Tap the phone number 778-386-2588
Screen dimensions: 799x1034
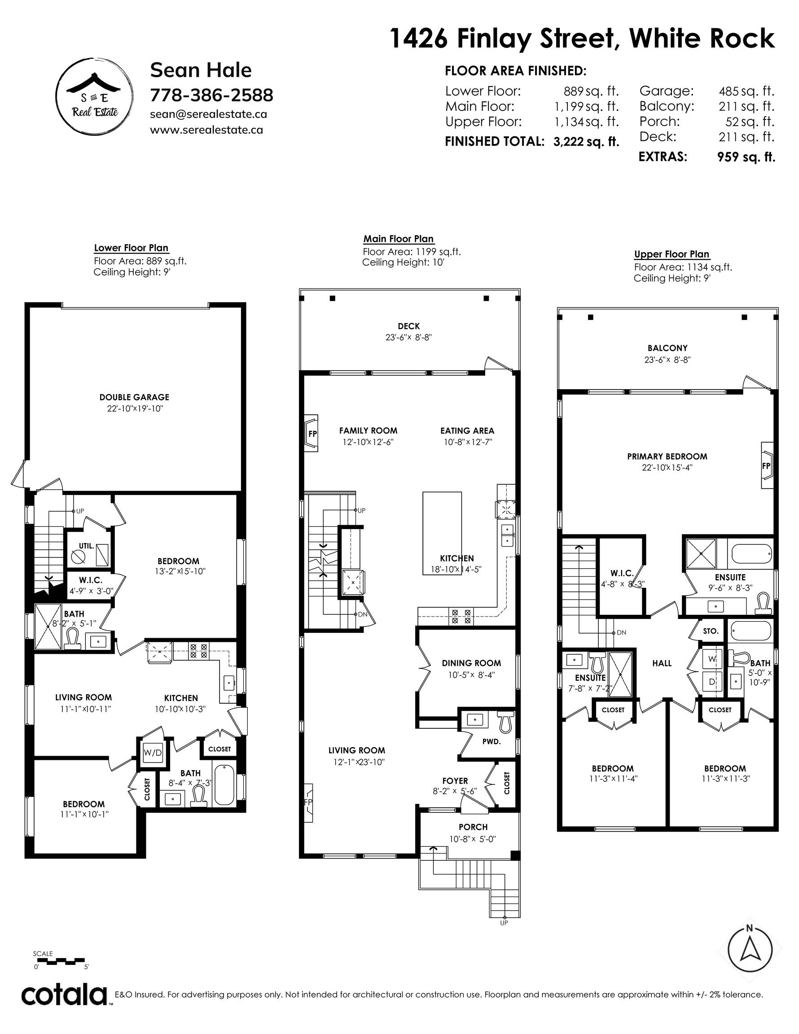click(x=212, y=95)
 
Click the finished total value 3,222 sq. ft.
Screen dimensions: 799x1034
click(x=586, y=141)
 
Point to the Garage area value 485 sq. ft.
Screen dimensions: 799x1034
click(x=746, y=91)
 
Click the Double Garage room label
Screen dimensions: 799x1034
click(x=134, y=397)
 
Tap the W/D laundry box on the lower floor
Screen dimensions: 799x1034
click(x=153, y=753)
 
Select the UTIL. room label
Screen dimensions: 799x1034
click(x=86, y=545)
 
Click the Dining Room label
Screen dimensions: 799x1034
click(x=471, y=663)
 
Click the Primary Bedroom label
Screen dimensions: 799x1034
click(x=667, y=456)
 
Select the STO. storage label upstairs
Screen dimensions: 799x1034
click(x=711, y=631)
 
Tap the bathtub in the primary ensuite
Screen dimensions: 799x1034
click(x=751, y=553)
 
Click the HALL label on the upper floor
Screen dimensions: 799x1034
click(x=662, y=663)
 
